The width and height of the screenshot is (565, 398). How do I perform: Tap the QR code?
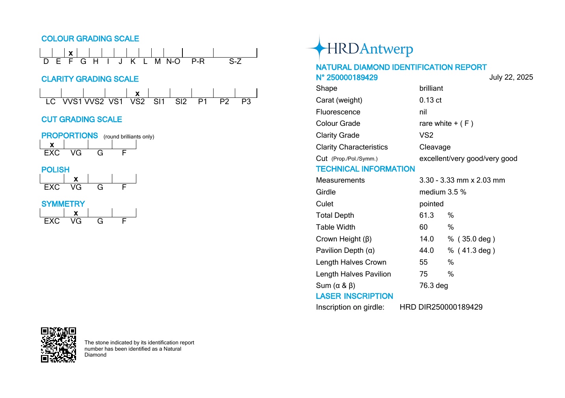pos(58,345)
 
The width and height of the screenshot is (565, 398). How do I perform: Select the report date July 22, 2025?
pos(511,77)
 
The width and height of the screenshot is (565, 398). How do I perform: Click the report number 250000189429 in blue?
pos(347,78)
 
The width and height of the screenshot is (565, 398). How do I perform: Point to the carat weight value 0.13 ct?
pos(430,100)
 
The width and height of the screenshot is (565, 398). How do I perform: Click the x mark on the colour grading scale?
pos(71,53)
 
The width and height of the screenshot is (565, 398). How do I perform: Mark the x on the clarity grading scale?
pos(137,93)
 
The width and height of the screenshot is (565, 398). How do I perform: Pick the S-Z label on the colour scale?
pos(235,62)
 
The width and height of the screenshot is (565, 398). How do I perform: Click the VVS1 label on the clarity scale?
pos(72,102)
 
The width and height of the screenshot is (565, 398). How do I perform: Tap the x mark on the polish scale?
pos(76,179)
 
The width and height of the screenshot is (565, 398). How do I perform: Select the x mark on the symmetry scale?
pos(76,213)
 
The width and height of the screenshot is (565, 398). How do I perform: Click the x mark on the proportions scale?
pos(52,145)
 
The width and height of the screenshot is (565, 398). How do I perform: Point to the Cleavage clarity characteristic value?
pos(435,147)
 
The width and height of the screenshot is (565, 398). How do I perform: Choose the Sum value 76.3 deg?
pos(433,286)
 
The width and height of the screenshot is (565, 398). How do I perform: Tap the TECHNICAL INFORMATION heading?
pos(365,169)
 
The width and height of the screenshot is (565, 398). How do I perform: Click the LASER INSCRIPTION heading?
pos(354,296)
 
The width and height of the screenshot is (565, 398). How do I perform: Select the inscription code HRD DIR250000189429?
pos(441,307)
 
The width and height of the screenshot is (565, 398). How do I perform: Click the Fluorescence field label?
pos(338,112)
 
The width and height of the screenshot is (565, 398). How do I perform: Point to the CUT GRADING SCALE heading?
pos(82,120)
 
